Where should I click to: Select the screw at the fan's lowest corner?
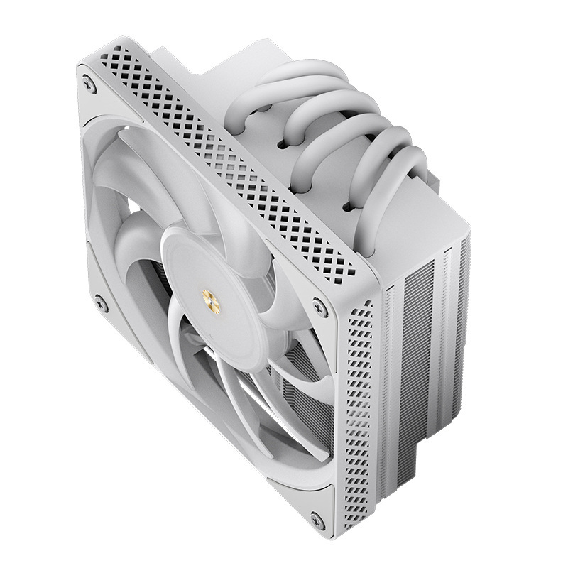pos(317,523)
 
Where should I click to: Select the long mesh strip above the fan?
pos(234,163)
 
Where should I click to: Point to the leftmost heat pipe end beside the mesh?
pos(245,106)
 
